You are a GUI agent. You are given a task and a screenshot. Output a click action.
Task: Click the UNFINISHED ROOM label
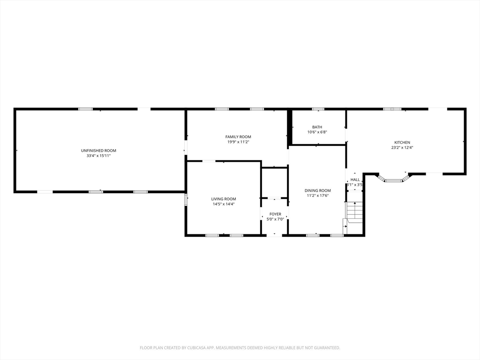click(98, 150)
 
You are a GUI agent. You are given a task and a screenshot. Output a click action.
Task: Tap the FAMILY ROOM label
click(238, 137)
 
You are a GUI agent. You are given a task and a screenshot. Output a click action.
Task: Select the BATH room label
click(317, 127)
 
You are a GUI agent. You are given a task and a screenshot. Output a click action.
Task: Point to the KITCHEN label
click(402, 142)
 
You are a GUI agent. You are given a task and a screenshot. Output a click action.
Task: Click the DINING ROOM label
click(318, 190)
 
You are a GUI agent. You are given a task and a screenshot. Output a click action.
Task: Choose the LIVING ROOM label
click(224, 199)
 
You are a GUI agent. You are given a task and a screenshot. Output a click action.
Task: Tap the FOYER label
click(275, 214)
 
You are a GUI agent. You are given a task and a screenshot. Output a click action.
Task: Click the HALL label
click(355, 180)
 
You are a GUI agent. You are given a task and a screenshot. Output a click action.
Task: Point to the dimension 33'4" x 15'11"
click(98, 156)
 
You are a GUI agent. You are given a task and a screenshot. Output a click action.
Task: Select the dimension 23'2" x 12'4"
click(402, 148)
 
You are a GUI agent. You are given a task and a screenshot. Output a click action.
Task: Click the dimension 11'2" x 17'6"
click(318, 195)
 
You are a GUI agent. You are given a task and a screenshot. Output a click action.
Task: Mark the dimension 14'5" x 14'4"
click(224, 204)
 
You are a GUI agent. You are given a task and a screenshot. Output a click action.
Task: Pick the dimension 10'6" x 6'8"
click(317, 132)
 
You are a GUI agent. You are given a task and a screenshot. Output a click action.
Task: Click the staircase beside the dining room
click(354, 212)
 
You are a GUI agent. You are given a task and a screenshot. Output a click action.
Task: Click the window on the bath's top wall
click(318, 109)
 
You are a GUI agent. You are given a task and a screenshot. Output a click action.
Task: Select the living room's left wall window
click(186, 200)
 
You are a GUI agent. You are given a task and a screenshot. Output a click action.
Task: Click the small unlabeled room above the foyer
click(274, 183)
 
